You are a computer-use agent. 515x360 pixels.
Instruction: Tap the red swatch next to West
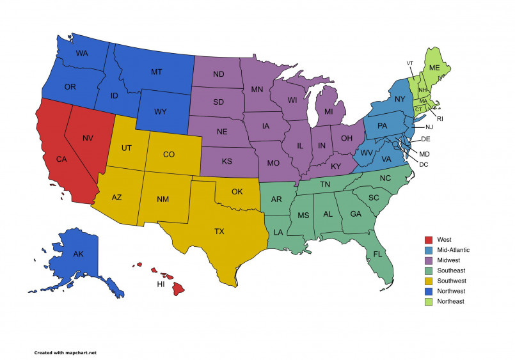(x=429, y=240)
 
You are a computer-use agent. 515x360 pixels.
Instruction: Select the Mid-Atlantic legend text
(x=454, y=250)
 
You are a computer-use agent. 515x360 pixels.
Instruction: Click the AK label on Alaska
(x=78, y=254)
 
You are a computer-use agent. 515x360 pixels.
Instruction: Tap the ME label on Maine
(x=434, y=68)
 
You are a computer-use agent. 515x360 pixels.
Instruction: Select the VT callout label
(x=410, y=63)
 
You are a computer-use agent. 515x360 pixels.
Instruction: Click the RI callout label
(x=440, y=119)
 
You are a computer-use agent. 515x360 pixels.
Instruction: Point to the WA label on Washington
(x=82, y=53)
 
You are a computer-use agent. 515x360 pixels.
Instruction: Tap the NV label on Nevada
(x=88, y=137)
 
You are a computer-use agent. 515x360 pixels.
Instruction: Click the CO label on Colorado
(x=169, y=154)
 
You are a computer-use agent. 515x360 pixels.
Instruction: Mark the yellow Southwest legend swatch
(x=429, y=281)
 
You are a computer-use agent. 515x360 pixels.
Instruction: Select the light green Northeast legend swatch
(x=429, y=301)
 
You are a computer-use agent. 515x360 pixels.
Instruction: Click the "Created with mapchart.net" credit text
(x=65, y=352)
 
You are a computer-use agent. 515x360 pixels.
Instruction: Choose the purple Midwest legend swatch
(x=429, y=260)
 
